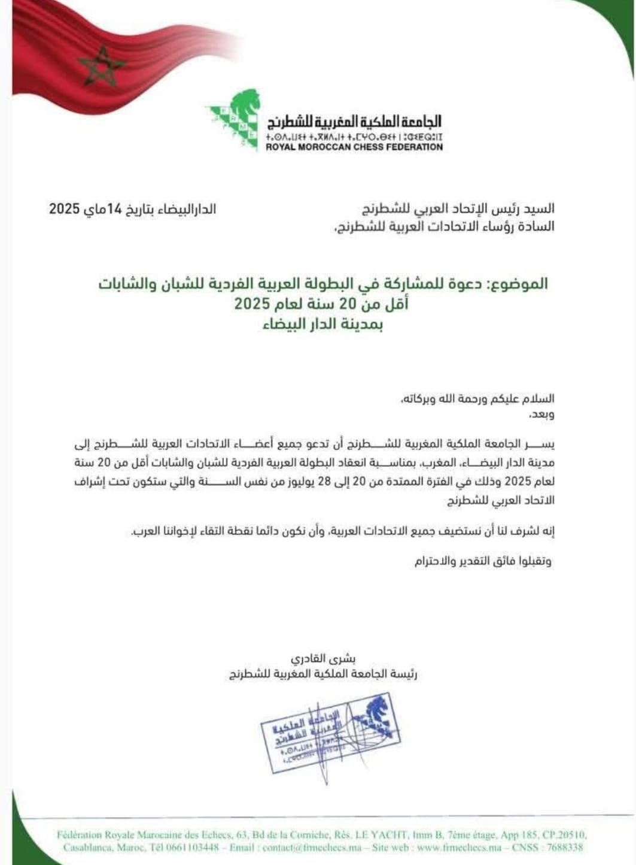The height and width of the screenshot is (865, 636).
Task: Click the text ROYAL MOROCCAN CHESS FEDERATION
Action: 354,147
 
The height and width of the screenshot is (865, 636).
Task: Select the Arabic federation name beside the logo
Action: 354,122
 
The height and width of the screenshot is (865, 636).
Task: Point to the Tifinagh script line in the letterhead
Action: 354,137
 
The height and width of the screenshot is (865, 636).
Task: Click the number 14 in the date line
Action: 114,209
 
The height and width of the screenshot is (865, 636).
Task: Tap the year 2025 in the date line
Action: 65,209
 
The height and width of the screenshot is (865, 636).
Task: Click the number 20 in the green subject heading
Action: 348,304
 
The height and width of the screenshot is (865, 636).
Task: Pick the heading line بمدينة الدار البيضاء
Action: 322,324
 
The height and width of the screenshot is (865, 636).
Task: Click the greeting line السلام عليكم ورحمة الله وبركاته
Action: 478,398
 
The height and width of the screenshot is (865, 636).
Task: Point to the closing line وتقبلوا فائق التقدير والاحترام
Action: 483,561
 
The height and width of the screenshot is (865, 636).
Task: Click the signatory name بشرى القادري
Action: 323,658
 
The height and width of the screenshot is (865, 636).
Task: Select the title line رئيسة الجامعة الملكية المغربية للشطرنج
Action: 323,675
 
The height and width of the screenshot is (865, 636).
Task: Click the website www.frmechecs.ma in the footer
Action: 459,847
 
